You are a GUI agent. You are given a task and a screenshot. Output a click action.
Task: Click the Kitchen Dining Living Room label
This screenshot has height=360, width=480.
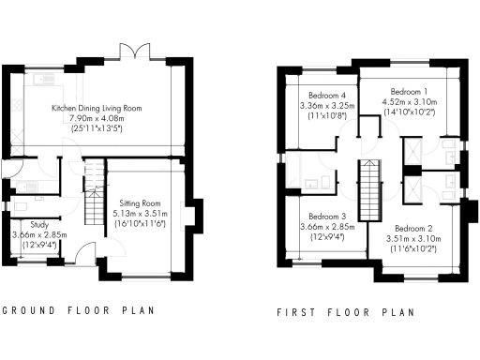tap(97, 109)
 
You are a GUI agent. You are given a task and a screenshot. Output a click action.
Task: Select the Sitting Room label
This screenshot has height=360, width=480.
tap(139, 203)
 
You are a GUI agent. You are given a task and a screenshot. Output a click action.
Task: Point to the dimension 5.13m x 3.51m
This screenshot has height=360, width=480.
tap(139, 213)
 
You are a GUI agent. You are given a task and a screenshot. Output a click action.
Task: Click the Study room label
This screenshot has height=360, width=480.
tap(38, 225)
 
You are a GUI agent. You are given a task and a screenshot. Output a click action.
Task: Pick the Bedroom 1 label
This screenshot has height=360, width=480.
tap(409, 92)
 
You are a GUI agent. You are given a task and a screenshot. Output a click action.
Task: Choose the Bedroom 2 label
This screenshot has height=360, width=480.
tap(412, 229)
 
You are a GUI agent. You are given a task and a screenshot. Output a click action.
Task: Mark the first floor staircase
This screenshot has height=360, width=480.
tap(369, 188)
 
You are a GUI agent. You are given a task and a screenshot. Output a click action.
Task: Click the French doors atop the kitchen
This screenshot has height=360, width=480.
tap(135, 49)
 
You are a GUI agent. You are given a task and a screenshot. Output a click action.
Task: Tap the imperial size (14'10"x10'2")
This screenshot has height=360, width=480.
tap(409, 112)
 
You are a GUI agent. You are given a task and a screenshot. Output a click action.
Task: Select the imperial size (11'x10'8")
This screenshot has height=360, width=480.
tap(329, 115)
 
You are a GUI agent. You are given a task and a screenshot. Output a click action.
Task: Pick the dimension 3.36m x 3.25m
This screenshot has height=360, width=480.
tap(329, 105)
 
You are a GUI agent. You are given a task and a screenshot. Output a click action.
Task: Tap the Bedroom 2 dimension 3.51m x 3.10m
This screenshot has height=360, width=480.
tap(412, 239)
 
